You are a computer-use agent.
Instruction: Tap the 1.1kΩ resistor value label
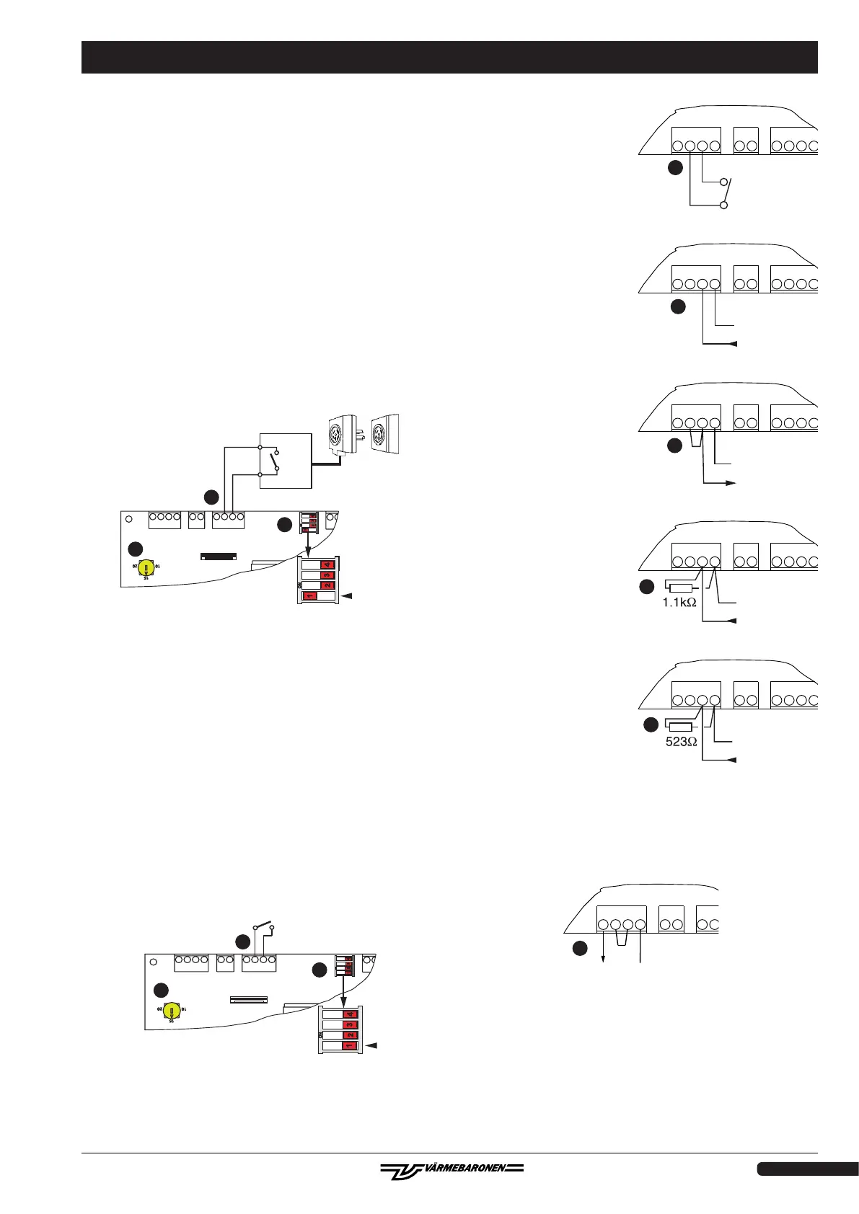[679, 602]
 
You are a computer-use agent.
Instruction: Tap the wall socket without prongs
[385, 434]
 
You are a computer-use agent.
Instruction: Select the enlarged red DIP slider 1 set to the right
[350, 1045]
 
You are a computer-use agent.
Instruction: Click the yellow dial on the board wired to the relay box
[147, 567]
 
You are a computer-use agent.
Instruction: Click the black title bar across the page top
[449, 58]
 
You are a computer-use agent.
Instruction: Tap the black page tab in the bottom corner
[807, 1169]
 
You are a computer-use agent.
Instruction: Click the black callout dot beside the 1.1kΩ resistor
[646, 587]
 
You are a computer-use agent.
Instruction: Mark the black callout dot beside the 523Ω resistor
[650, 725]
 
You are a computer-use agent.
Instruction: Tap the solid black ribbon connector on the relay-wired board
[218, 557]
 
